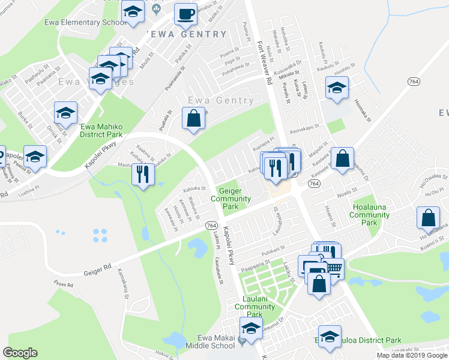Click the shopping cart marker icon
(x=334, y=268)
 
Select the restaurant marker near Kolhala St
(x=143, y=174)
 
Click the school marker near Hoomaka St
(x=337, y=88)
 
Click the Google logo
(x=20, y=353)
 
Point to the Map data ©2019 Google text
(x=412, y=355)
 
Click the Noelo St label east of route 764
(x=348, y=194)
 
